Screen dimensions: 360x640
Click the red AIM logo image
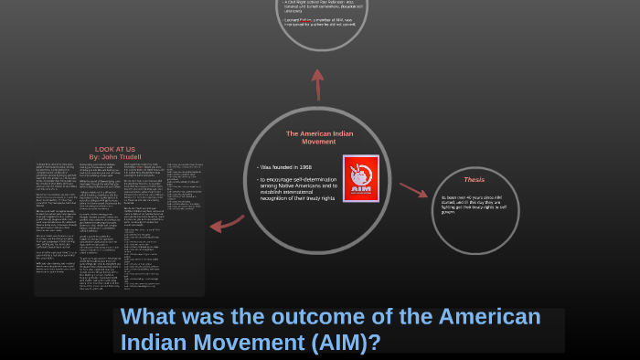360,179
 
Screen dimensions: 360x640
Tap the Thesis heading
474,180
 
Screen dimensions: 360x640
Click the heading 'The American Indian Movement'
318,138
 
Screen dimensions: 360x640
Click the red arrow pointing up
318,84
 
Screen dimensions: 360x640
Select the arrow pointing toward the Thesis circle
413,190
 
